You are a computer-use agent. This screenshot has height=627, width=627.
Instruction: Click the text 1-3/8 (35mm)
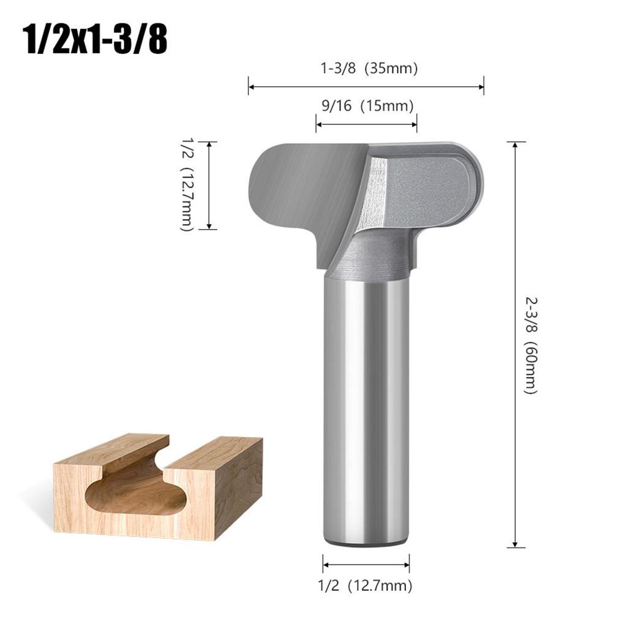(369, 69)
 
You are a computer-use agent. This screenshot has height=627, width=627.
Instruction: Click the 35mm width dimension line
(366, 86)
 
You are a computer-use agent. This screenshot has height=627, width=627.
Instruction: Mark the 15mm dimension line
(366, 124)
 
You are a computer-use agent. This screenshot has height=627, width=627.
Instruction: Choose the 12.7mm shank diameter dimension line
(366, 564)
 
